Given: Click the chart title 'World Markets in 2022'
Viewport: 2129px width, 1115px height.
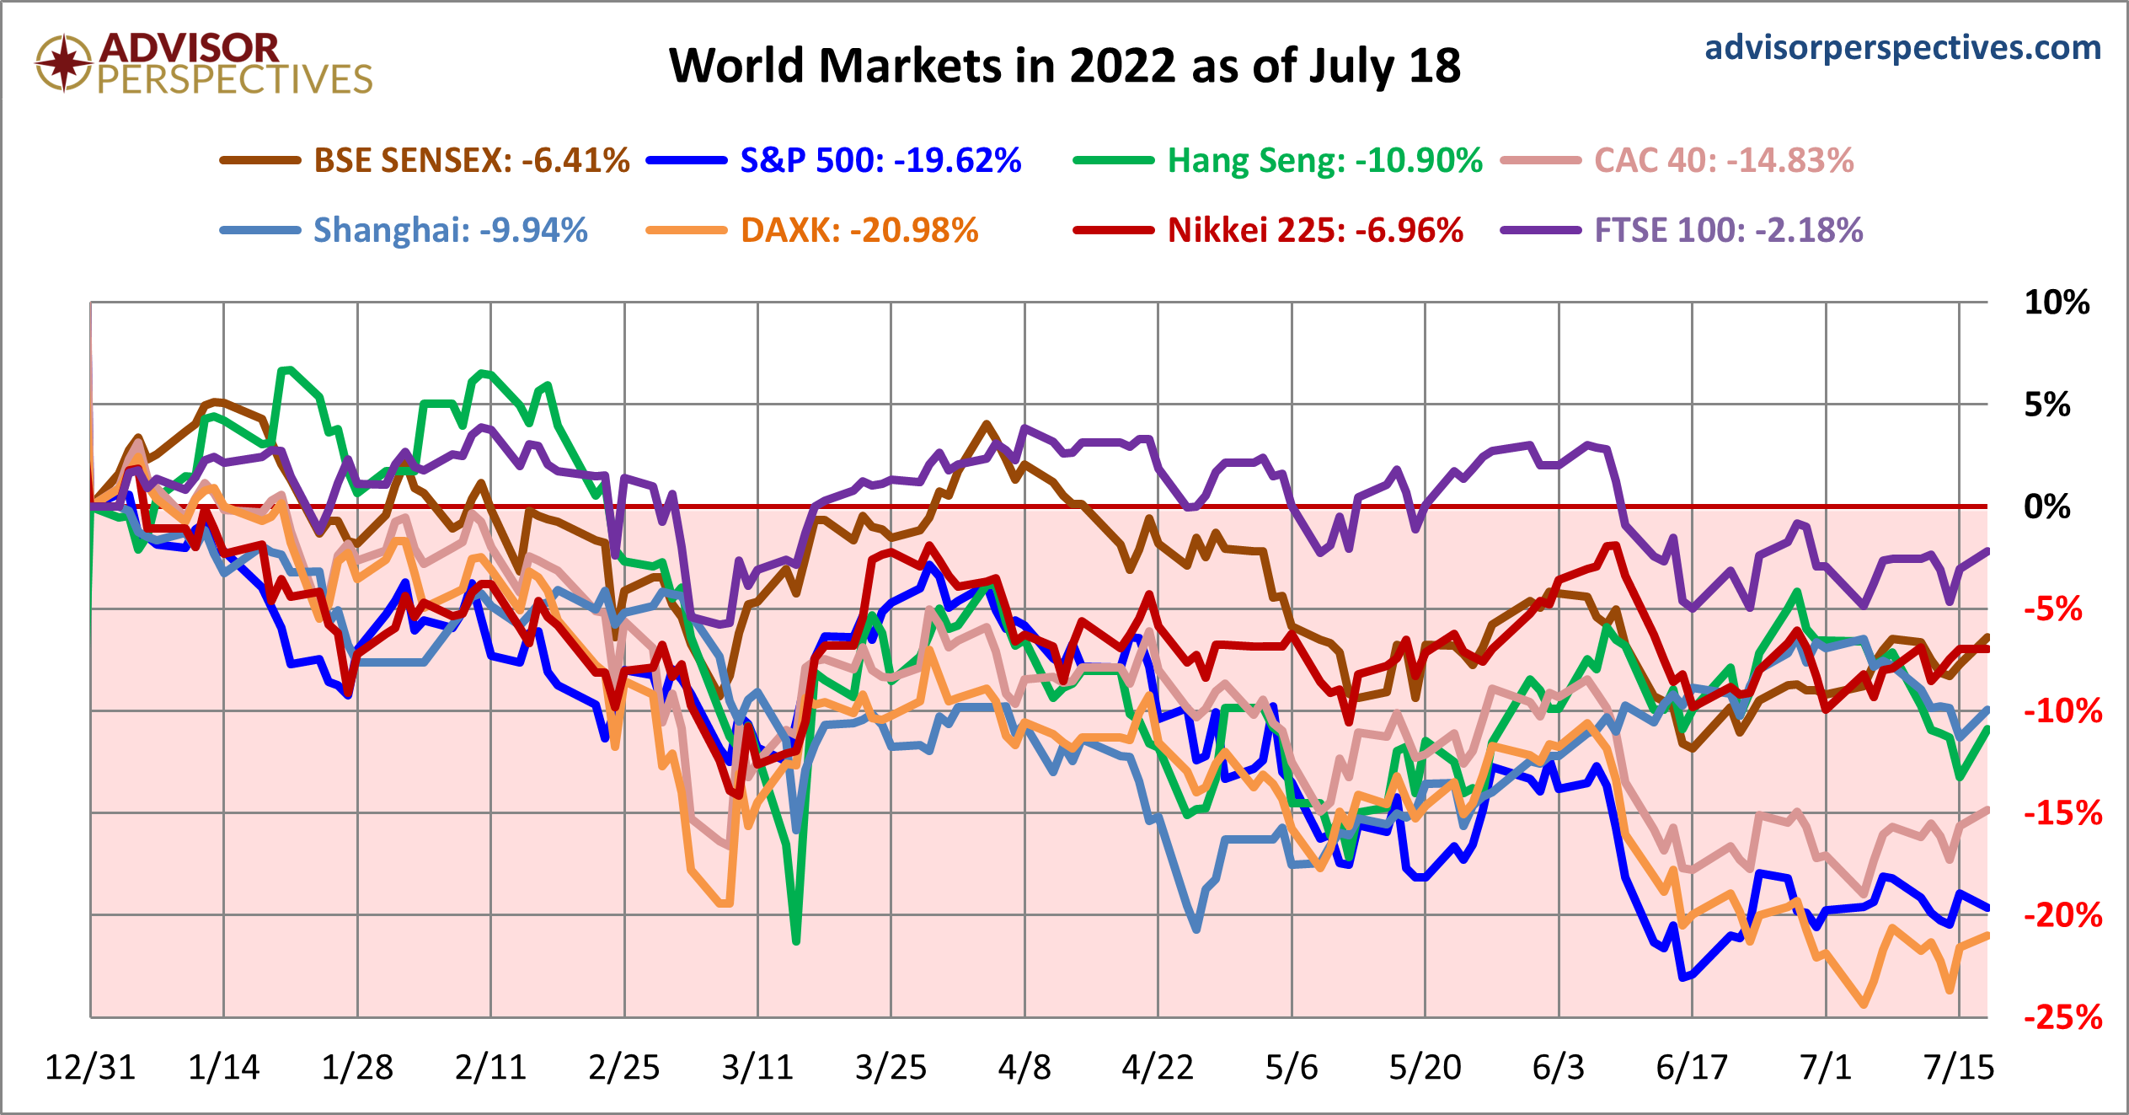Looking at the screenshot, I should [x=1064, y=66].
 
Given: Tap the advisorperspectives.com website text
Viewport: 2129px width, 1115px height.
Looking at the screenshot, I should [x=1902, y=47].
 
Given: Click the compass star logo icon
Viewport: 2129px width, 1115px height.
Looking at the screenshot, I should [x=63, y=62].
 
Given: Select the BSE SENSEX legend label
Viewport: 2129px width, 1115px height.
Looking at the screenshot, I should [x=471, y=160].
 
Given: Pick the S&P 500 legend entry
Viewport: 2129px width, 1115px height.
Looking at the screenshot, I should [x=880, y=160].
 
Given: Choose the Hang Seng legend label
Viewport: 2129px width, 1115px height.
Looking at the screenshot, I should [x=1324, y=160].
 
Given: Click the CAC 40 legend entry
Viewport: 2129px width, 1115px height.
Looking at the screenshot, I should [x=1724, y=160].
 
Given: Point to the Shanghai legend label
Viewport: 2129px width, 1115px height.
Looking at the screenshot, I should [x=450, y=230].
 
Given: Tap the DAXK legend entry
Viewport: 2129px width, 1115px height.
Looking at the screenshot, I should [x=859, y=230].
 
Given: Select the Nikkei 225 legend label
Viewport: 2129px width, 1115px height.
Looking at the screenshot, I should [x=1315, y=230].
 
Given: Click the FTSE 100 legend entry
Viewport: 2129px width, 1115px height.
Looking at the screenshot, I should [x=1728, y=230].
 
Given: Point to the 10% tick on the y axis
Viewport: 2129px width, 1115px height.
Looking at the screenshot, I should [x=2057, y=303].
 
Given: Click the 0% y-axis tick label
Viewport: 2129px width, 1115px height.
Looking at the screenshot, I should [x=2047, y=507].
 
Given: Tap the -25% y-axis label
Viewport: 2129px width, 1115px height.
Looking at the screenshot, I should [x=2063, y=1018].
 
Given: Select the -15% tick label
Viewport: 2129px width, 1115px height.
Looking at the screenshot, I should [x=2063, y=813].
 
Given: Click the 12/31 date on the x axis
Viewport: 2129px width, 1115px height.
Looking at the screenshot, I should [x=90, y=1068].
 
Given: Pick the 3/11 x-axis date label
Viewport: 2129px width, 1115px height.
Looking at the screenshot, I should [x=757, y=1068].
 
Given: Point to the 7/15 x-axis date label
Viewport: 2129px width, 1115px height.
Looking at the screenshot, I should [x=1959, y=1068].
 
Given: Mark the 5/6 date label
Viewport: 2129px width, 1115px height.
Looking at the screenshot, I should [x=1292, y=1068].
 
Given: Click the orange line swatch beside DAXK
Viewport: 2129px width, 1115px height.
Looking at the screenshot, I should [x=686, y=230].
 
